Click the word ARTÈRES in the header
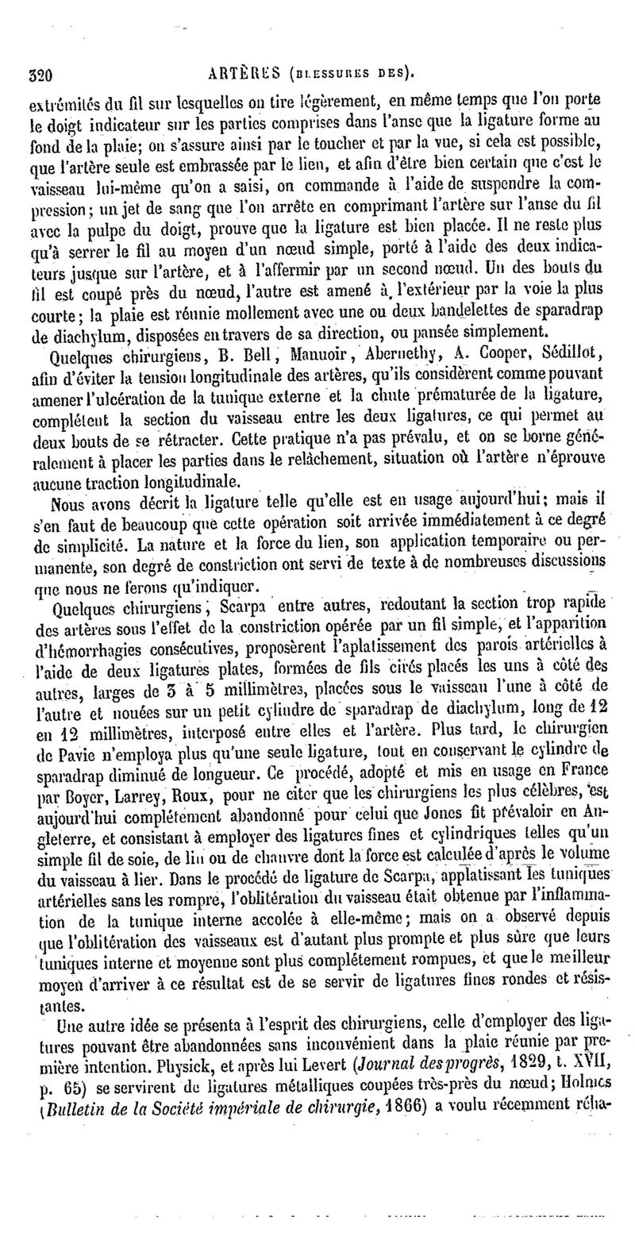tap(241, 75)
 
